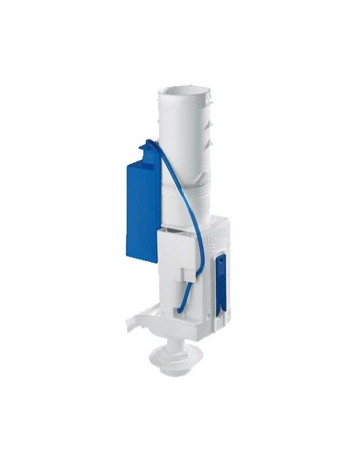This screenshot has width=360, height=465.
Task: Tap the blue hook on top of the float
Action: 149,147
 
